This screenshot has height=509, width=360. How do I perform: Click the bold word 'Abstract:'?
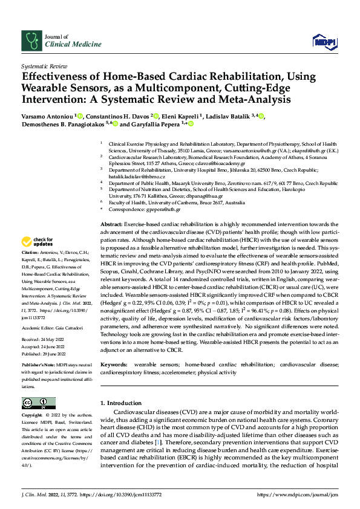(x=111, y=224)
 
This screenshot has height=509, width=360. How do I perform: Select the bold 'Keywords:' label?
(x=114, y=365)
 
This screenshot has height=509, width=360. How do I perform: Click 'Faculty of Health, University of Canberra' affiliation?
(x=154, y=203)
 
